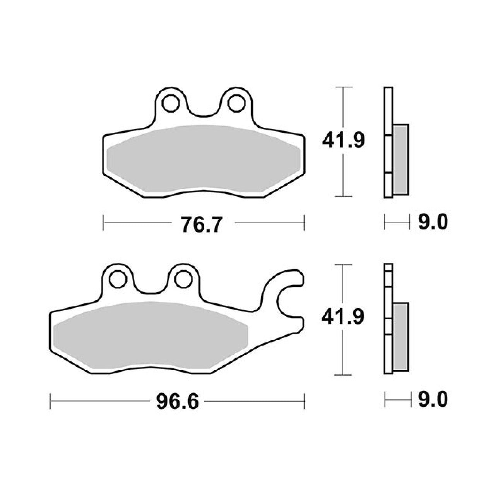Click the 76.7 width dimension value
201,225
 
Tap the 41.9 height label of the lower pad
343,317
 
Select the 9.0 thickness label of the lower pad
433,400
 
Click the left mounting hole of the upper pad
171,103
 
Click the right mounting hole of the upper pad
236,103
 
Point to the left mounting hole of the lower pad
118,279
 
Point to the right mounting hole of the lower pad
183,279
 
